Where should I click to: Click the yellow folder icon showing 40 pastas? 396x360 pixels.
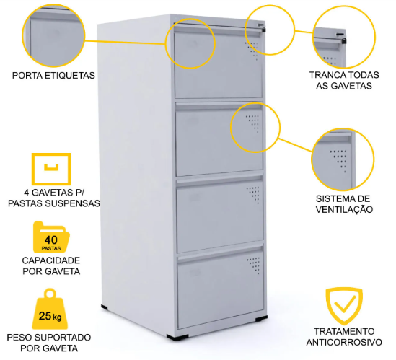click(x=51, y=237)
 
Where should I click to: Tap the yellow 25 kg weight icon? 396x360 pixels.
click(x=50, y=309)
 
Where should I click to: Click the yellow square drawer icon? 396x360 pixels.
click(x=51, y=169)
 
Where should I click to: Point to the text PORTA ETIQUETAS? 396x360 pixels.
click(x=53, y=75)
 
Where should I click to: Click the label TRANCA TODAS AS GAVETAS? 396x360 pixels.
click(x=344, y=80)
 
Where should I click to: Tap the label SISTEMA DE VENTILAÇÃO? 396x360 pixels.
click(x=344, y=204)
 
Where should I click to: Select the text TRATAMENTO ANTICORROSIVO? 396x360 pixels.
click(x=344, y=336)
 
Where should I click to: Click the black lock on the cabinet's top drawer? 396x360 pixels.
click(x=263, y=30)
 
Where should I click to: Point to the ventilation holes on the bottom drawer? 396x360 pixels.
click(x=254, y=265)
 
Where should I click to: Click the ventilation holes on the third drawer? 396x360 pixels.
click(x=253, y=195)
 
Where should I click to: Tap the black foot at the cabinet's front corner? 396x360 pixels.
click(x=177, y=337)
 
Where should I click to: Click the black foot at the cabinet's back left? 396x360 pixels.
click(x=105, y=307)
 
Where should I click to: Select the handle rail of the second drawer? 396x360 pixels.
click(x=219, y=106)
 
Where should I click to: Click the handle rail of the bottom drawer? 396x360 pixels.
click(x=220, y=253)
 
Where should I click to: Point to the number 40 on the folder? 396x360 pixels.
click(x=51, y=240)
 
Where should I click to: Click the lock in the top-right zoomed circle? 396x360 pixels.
click(x=343, y=41)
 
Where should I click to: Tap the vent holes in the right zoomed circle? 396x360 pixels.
click(x=339, y=161)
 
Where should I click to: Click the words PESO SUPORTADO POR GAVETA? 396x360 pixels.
click(x=49, y=343)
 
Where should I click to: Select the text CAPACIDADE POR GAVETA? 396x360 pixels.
click(x=51, y=265)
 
